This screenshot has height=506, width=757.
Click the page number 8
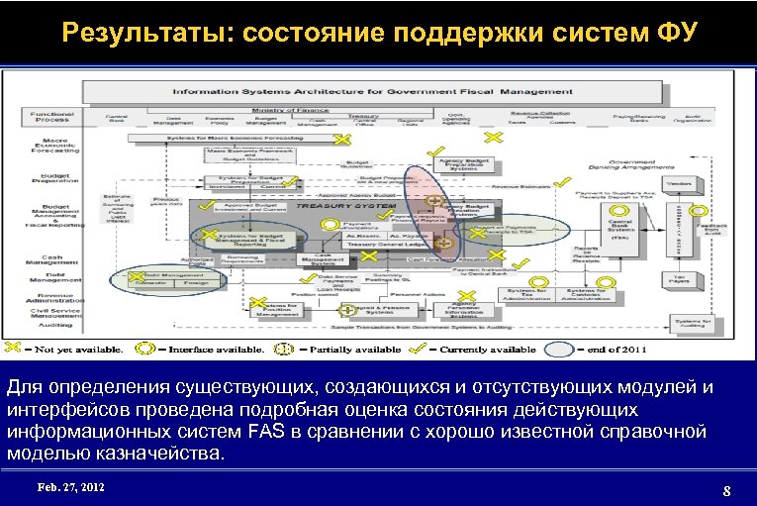(x=726, y=490)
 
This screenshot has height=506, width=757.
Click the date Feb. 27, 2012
(x=69, y=488)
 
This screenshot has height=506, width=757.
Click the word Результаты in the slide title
(x=145, y=34)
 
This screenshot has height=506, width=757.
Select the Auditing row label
(x=48, y=323)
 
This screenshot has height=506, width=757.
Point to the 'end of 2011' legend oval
(x=560, y=349)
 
